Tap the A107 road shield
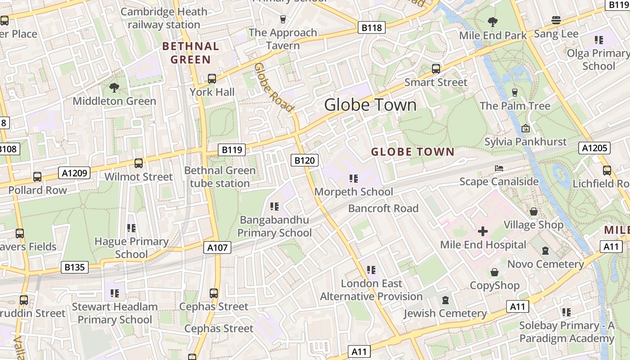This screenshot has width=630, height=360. pos(218,247)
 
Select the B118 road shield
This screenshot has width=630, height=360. pos(372,27)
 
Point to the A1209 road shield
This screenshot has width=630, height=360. pos(74,172)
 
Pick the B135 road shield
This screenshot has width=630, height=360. pos(74,267)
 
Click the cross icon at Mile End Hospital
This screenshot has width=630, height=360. pos(483,232)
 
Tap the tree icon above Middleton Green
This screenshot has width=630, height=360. pos(114,87)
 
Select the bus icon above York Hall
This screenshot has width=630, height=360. pos(212,79)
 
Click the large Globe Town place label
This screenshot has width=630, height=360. pos(370,105)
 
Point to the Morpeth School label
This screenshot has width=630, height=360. pos(353,192)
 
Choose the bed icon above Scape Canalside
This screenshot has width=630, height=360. pos(499,168)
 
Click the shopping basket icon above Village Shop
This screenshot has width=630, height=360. pos(534,211)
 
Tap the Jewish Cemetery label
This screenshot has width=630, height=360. pos(445,313)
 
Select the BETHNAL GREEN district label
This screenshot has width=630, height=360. pos(191,53)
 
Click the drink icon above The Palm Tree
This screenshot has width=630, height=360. pos(515,92)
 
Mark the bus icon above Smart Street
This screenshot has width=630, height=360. pos(436,69)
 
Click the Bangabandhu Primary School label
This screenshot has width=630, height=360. pos(274,226)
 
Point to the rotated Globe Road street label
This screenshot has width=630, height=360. pos(273,87)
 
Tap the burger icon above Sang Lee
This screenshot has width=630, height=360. pos(556,20)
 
